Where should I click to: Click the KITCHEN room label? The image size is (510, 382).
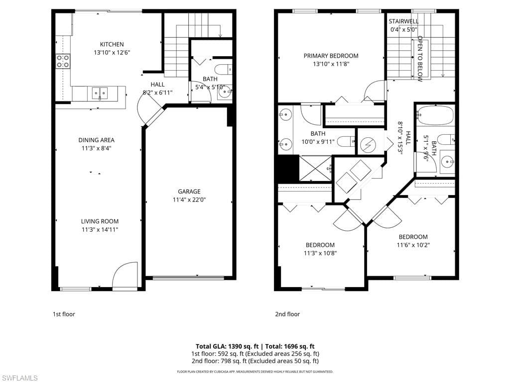pyautogui.click(x=112, y=44)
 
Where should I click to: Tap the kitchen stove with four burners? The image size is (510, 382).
pyautogui.click(x=63, y=61)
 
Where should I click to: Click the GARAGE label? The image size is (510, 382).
pyautogui.click(x=189, y=191)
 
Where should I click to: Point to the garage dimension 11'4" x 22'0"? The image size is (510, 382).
pyautogui.click(x=189, y=200)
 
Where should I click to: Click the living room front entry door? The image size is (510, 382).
pyautogui.click(x=125, y=277)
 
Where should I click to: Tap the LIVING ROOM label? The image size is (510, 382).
pyautogui.click(x=100, y=221)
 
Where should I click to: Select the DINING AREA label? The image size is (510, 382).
pyautogui.click(x=96, y=140)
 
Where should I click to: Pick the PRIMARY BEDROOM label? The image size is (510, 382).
pyautogui.click(x=331, y=56)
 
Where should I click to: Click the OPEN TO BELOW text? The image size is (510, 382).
pyautogui.click(x=420, y=59)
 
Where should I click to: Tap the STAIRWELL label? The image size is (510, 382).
pyautogui.click(x=403, y=21)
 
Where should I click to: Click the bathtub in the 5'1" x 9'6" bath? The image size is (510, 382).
pyautogui.click(x=435, y=116)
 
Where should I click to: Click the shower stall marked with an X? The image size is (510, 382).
pyautogui.click(x=315, y=168)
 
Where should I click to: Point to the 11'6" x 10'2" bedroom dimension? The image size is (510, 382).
pyautogui.click(x=413, y=245)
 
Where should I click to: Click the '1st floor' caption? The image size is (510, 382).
pyautogui.click(x=64, y=314)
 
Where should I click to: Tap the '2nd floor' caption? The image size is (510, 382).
pyautogui.click(x=287, y=314)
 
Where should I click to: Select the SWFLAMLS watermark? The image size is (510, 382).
pyautogui.click(x=19, y=378)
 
